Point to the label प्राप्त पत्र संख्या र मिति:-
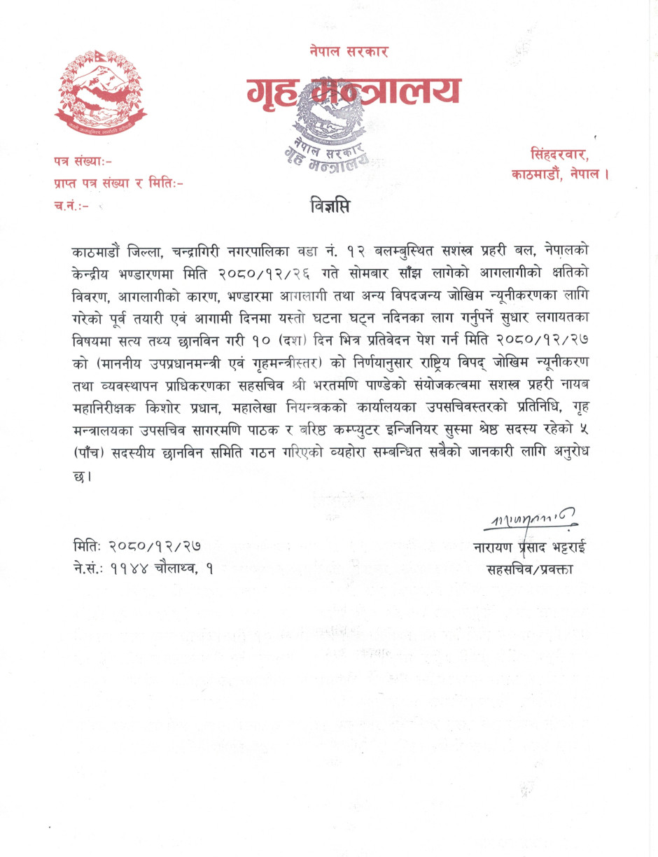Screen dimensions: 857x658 pyautogui.click(x=118, y=184)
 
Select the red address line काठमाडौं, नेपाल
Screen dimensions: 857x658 pyautogui.click(x=560, y=175)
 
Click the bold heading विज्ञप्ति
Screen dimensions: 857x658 pyautogui.click(x=329, y=207)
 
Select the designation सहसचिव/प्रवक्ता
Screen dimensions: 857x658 pyautogui.click(x=530, y=569)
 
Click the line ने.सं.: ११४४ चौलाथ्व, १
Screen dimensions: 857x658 pyautogui.click(x=143, y=569)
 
